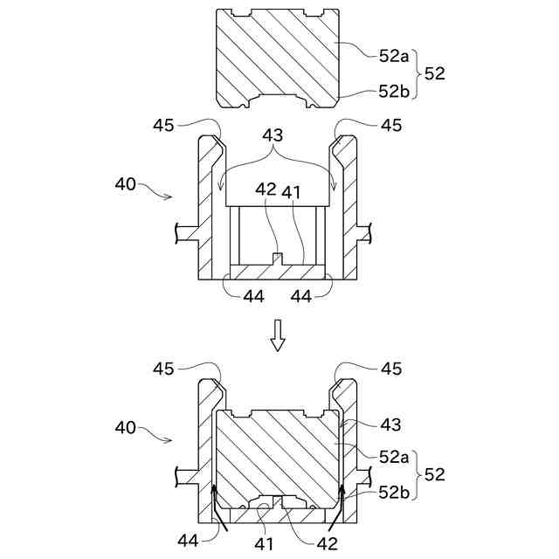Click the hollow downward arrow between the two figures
click(x=278, y=335)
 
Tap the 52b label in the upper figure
click(x=394, y=91)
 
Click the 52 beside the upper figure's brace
click(x=433, y=73)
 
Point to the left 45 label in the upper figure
click(x=163, y=126)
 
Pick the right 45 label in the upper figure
click(x=391, y=126)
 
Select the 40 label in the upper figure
click(x=126, y=184)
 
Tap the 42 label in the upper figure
click(x=266, y=189)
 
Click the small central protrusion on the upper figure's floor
click(x=278, y=259)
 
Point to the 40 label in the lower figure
click(x=126, y=428)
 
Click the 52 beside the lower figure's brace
click(x=434, y=475)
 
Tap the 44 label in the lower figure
click(x=188, y=541)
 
